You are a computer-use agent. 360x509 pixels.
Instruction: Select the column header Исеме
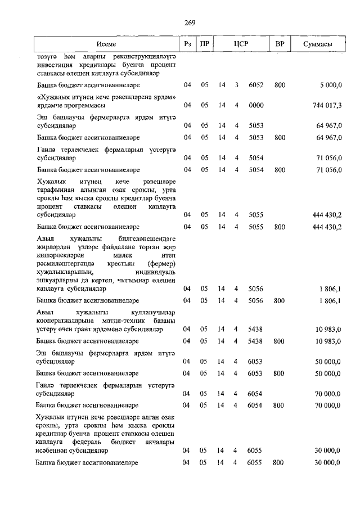coord(106,44)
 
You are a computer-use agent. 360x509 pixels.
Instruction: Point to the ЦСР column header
coord(241,44)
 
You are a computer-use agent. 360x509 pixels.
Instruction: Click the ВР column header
coord(279,44)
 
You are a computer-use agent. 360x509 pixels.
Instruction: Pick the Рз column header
coord(187,44)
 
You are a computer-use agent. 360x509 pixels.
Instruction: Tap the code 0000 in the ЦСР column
coord(256,105)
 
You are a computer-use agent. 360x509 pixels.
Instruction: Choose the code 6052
coord(256,85)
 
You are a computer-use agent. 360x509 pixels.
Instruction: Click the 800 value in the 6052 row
coord(279,85)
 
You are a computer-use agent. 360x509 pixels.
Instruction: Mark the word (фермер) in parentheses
coord(163,264)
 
